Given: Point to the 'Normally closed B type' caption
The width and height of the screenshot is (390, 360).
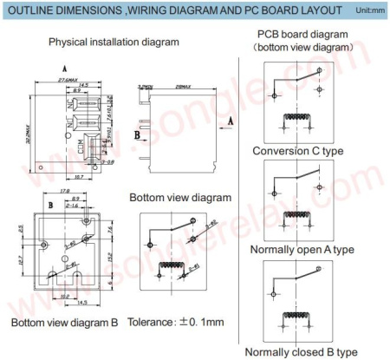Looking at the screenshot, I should (301, 351).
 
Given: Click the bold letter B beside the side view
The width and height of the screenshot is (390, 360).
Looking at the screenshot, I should (137, 135).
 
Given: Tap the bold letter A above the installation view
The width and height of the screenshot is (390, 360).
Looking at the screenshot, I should (64, 68).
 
